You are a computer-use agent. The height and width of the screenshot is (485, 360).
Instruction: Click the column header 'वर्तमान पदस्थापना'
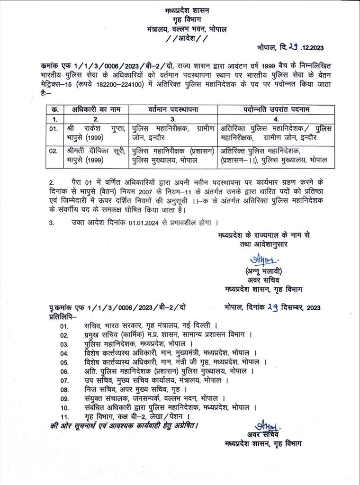point(172,109)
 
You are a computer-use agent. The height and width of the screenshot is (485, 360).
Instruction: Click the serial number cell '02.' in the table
point(54,151)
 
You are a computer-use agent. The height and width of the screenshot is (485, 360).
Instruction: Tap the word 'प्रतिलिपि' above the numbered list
point(62,315)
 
